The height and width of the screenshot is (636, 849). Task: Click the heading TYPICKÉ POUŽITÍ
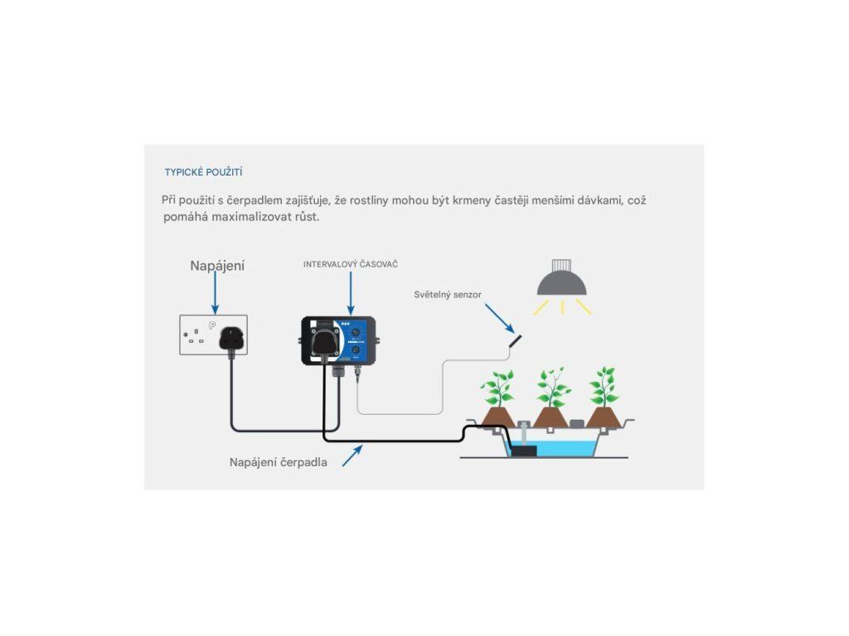203,172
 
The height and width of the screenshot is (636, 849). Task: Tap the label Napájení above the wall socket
217,266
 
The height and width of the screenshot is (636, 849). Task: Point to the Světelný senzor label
448,294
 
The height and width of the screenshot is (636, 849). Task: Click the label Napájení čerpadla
278,462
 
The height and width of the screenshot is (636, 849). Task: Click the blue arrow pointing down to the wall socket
216,292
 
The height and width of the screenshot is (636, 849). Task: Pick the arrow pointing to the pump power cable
352,455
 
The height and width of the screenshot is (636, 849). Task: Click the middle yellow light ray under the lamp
562,307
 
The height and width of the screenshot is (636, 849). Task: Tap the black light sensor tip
516,340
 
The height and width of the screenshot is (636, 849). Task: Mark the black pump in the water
523,451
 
